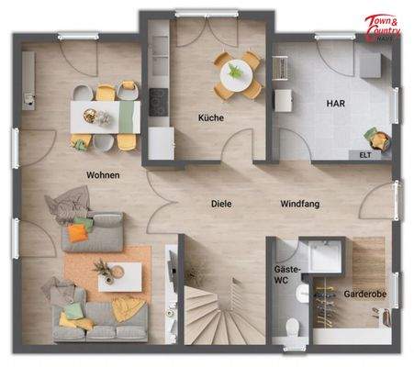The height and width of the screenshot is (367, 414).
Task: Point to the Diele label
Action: pyautogui.click(x=220, y=205)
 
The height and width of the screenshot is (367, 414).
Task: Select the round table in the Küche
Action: pyautogui.click(x=236, y=72)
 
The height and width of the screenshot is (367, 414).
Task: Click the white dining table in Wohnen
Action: pyautogui.click(x=106, y=117)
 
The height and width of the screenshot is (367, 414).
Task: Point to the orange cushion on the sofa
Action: pyautogui.click(x=76, y=233)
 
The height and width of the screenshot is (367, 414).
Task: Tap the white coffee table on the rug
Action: pyautogui.click(x=119, y=274)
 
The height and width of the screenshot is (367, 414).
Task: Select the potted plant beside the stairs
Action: pyautogui.click(x=195, y=273)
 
